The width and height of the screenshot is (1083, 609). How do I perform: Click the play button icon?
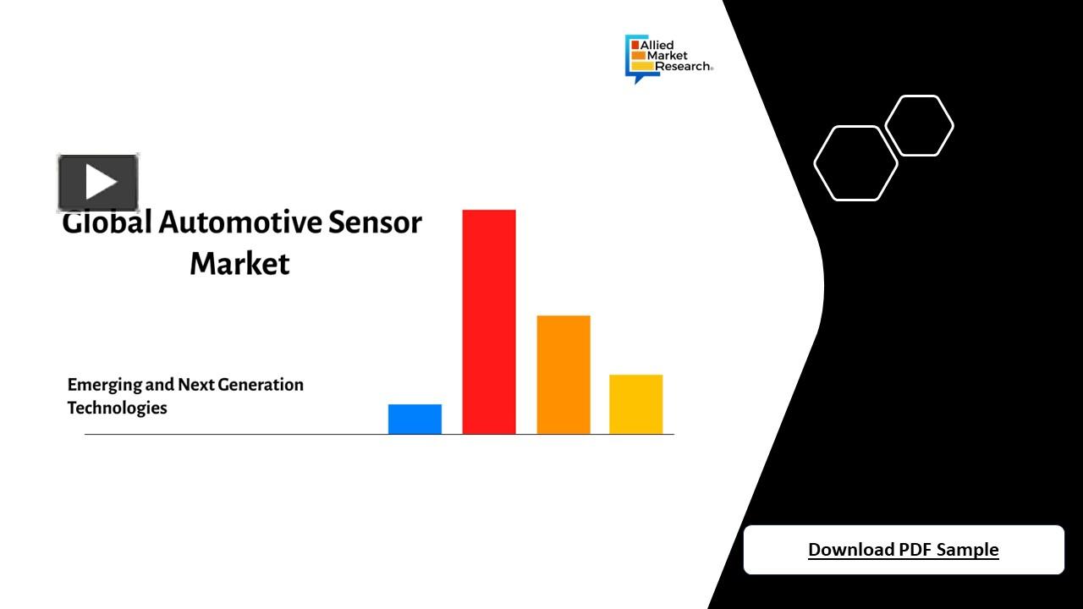coord(98,183)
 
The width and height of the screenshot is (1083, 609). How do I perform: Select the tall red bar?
coord(488,321)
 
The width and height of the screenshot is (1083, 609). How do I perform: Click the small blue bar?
coord(415,419)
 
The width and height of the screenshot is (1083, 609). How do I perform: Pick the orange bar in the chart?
coord(563,374)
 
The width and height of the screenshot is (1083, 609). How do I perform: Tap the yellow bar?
coord(635,403)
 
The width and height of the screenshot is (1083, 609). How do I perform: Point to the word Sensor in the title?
coord(375,222)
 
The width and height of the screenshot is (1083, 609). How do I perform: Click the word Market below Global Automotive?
coord(239,263)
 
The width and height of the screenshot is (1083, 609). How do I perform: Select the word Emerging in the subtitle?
coord(104,385)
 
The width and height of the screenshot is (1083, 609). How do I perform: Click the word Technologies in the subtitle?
coord(117,408)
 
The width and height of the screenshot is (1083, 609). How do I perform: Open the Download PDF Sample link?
coord(903,550)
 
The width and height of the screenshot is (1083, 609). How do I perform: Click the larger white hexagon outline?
coord(855,163)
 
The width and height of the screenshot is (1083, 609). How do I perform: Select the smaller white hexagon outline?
coord(919,126)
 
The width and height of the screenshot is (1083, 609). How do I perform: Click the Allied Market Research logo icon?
coord(637,58)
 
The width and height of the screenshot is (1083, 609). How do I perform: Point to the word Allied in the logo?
coord(657,45)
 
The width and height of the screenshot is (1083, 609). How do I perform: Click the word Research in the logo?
coord(683,66)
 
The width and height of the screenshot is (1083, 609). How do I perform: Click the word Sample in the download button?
coord(967,550)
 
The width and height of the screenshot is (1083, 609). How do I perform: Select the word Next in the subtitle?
coord(195,385)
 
